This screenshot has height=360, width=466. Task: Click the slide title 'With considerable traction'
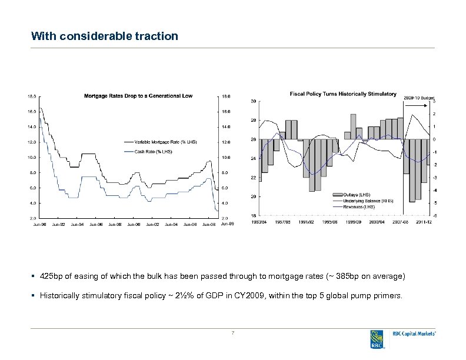(105, 36)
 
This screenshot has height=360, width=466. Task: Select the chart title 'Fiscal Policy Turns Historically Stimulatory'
(343, 94)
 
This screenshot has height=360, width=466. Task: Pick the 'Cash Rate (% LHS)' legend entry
(154, 151)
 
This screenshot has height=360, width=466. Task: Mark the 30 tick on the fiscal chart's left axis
(253, 101)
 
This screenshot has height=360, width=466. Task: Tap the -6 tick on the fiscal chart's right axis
(434, 215)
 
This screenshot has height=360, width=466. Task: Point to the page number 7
(233, 334)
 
